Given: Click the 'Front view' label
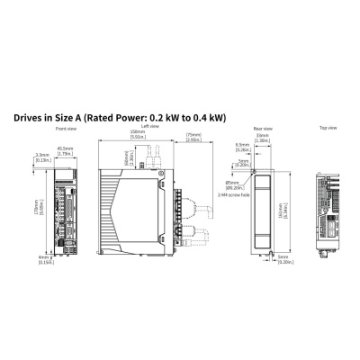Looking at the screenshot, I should (65, 129).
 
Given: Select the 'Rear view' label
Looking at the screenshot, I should (263, 129).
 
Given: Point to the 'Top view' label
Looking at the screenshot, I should (328, 129).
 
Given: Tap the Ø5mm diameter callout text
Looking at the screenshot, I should (232, 184).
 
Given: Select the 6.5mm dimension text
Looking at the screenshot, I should (242, 146).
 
